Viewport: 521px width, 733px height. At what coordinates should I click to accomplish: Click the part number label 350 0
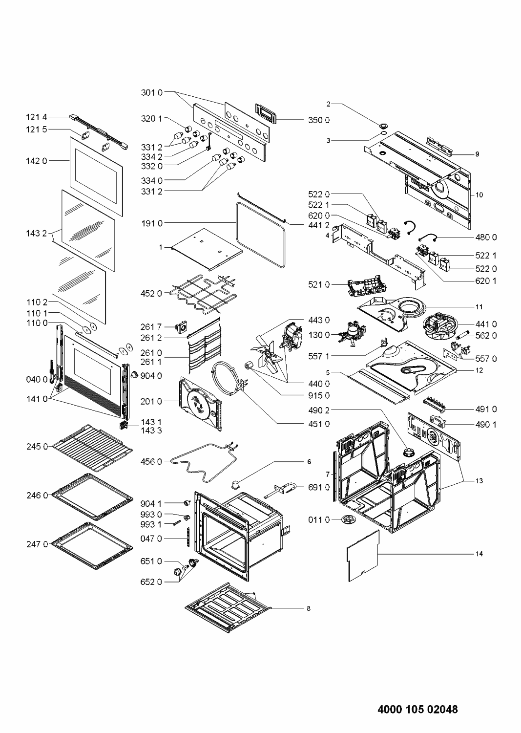click(318, 120)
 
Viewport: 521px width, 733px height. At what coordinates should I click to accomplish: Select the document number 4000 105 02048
click(418, 709)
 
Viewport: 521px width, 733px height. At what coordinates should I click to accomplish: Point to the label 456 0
click(151, 461)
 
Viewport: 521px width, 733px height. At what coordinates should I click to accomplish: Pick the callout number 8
click(309, 608)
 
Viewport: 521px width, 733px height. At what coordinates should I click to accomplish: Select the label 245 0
click(37, 446)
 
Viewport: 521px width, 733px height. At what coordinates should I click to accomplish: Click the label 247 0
click(37, 544)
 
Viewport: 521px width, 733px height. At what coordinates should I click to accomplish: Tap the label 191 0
click(152, 223)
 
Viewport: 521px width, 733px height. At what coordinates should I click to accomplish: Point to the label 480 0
click(486, 237)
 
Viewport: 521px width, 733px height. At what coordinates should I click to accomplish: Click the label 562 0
click(486, 336)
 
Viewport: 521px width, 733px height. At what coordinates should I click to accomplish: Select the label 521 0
click(319, 284)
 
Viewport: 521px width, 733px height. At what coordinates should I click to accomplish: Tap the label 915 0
click(319, 395)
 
